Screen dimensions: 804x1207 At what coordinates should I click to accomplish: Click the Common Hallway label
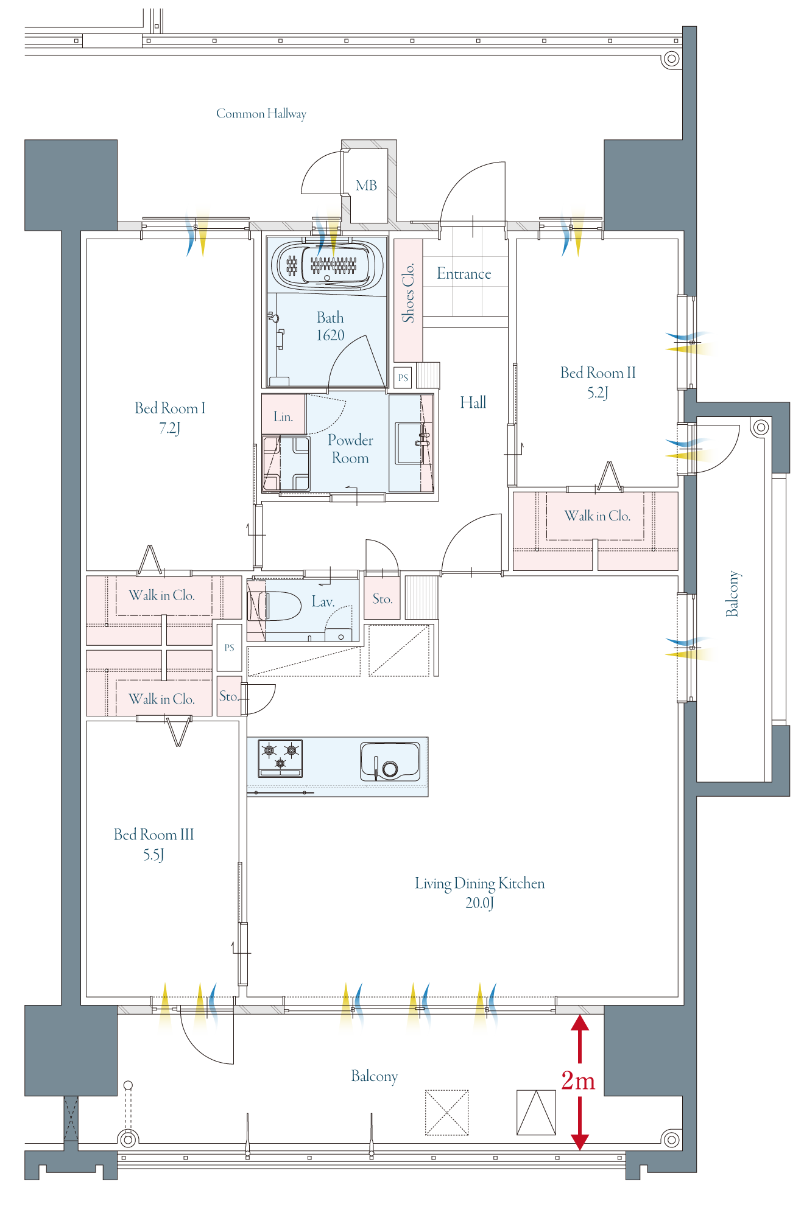[x=261, y=114]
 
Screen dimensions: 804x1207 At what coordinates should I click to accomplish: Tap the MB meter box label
[x=367, y=186]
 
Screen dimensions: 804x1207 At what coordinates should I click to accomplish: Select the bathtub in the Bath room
[x=327, y=265]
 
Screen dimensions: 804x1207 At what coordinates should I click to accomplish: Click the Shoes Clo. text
[x=408, y=292]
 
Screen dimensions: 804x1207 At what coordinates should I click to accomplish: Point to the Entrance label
[x=464, y=274]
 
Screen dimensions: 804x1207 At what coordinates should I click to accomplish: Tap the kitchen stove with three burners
[x=281, y=758]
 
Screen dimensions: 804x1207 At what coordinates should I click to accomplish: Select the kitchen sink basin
[x=390, y=761]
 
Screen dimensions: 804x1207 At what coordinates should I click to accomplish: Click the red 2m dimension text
[x=578, y=1080]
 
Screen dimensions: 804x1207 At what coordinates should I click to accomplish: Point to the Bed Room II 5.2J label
[x=598, y=382]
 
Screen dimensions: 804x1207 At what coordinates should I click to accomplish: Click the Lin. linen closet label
[x=283, y=417]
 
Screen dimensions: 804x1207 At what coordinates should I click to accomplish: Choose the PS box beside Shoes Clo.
[x=403, y=378]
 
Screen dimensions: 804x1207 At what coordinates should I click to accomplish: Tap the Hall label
[x=473, y=402]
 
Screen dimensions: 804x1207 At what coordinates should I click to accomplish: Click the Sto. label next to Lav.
[x=383, y=599]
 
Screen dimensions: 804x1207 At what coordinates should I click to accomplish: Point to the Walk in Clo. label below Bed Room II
[x=598, y=516]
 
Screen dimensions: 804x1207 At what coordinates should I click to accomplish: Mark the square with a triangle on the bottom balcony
[x=536, y=1113]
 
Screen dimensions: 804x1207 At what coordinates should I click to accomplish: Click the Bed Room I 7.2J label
[x=170, y=418]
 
